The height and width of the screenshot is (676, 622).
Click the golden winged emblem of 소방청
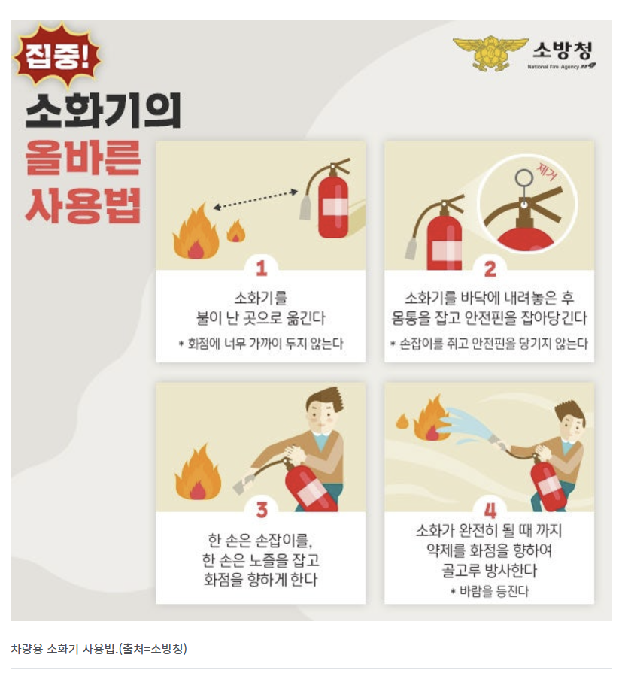[x=489, y=53]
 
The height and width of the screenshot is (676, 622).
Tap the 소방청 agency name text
[x=562, y=51]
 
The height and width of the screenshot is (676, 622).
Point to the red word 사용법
[x=83, y=205]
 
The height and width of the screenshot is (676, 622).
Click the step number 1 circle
[x=260, y=267]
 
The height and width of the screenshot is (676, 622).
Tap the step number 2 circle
[x=490, y=267]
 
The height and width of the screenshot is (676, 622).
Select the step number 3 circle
[x=260, y=509]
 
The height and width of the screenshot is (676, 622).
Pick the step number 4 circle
[x=490, y=509]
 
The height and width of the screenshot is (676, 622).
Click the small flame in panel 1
[x=236, y=231]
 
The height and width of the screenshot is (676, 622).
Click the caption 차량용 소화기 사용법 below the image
[x=99, y=648]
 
